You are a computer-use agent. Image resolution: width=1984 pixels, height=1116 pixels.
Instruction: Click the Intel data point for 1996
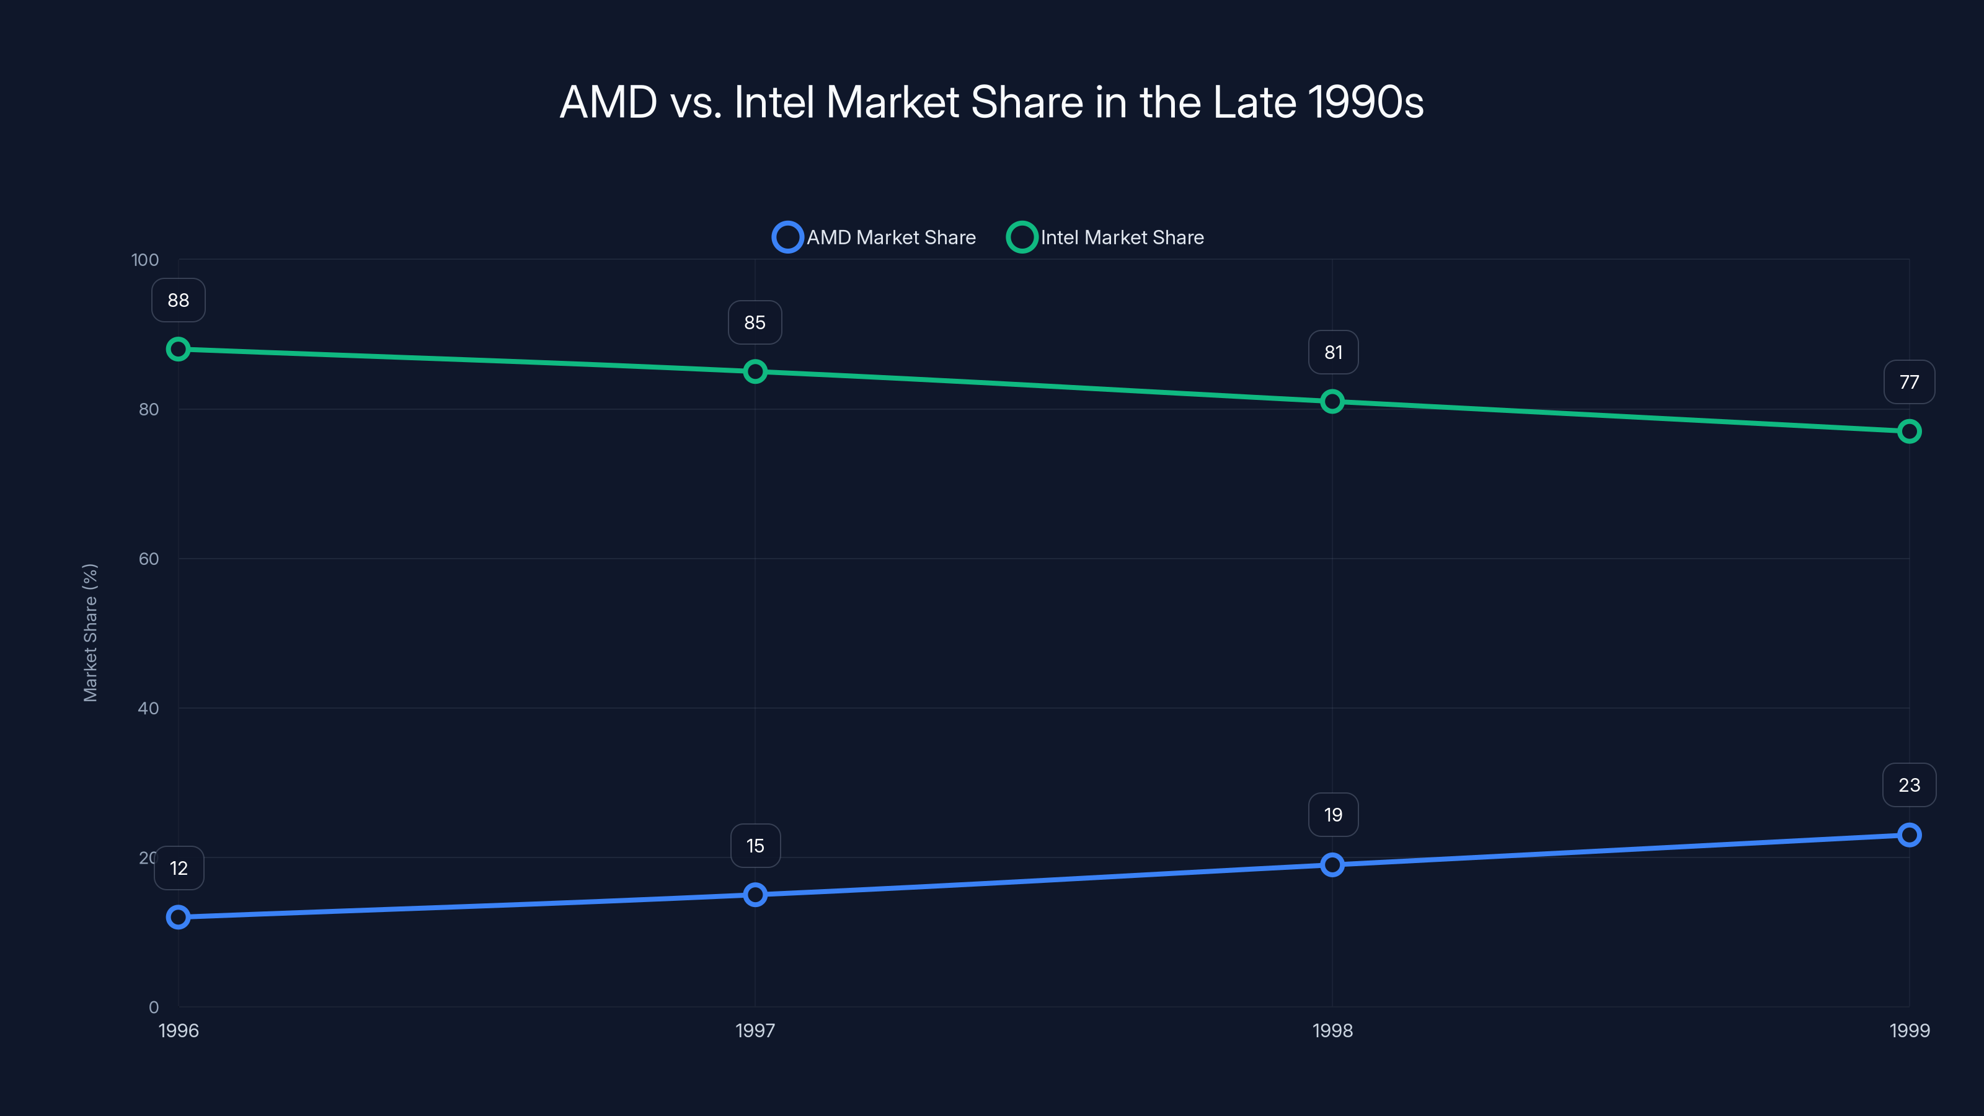(x=178, y=349)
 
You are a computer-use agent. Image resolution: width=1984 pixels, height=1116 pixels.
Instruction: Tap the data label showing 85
(x=755, y=322)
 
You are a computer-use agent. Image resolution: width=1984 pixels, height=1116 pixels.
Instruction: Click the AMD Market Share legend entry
(x=874, y=237)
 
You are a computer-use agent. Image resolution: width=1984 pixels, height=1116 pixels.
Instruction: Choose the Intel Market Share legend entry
(x=1106, y=237)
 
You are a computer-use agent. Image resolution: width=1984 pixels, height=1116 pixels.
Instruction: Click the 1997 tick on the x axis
(x=755, y=1030)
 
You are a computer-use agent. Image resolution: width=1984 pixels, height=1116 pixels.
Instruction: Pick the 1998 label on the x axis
(x=1332, y=1030)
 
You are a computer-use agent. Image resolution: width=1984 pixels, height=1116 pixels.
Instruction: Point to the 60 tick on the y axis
(x=149, y=559)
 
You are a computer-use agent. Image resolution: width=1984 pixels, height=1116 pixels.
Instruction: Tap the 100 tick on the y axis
(x=145, y=260)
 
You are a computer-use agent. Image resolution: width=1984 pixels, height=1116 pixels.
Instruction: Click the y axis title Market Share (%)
(x=90, y=632)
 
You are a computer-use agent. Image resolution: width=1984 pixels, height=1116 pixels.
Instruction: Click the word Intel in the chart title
(x=773, y=102)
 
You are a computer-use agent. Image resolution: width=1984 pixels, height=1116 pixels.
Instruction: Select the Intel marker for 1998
(x=1332, y=401)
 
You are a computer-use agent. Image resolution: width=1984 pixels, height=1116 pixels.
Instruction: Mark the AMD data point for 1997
(x=755, y=894)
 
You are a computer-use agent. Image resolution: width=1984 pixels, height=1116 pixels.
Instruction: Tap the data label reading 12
(x=179, y=869)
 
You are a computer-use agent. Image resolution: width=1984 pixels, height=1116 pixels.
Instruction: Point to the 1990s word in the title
(x=1365, y=102)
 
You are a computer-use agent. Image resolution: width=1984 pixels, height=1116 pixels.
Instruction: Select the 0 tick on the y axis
(x=153, y=1007)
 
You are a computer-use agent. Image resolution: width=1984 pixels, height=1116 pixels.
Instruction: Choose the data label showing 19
(x=1332, y=815)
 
